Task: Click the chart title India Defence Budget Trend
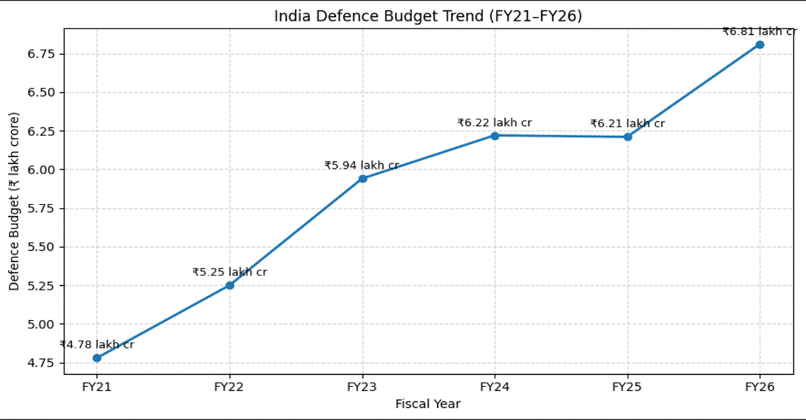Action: (428, 16)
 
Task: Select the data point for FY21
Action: (97, 358)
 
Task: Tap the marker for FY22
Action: (229, 285)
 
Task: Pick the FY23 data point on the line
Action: (362, 179)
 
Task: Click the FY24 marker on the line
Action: (495, 135)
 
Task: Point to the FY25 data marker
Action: (627, 137)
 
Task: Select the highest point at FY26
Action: (759, 45)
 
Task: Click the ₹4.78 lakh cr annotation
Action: (97, 345)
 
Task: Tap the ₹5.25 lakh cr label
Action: (229, 272)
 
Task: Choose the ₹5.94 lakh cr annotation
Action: (362, 166)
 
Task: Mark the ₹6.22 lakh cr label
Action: (495, 123)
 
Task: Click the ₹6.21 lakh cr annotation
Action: (627, 124)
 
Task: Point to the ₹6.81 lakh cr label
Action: (759, 32)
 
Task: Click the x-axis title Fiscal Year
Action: (428, 405)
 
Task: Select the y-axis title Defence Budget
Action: (14, 201)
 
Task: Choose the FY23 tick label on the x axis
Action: (362, 388)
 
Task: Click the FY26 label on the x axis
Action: (759, 388)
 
